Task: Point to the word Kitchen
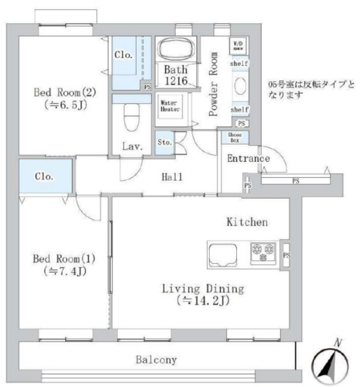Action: (x=246, y=223)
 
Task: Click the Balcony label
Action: (x=156, y=360)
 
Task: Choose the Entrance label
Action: (x=248, y=159)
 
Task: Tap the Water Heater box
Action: (x=169, y=106)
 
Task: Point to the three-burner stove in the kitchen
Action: (x=263, y=251)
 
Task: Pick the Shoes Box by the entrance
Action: (x=236, y=137)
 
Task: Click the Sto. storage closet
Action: (x=165, y=143)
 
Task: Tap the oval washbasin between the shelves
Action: (x=239, y=85)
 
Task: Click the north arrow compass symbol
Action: (x=329, y=365)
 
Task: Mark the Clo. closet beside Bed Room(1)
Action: (x=44, y=178)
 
